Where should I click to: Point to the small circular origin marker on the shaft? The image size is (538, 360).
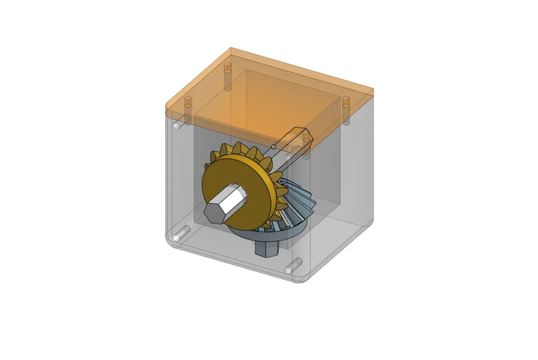(274, 147)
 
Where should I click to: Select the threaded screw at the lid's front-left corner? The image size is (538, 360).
(187, 105)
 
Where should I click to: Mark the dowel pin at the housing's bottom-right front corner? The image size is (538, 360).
(294, 265)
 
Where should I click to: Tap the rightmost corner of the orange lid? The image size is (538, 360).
(373, 91)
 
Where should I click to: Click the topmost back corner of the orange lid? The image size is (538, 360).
(230, 48)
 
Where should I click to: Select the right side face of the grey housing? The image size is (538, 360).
(346, 184)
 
